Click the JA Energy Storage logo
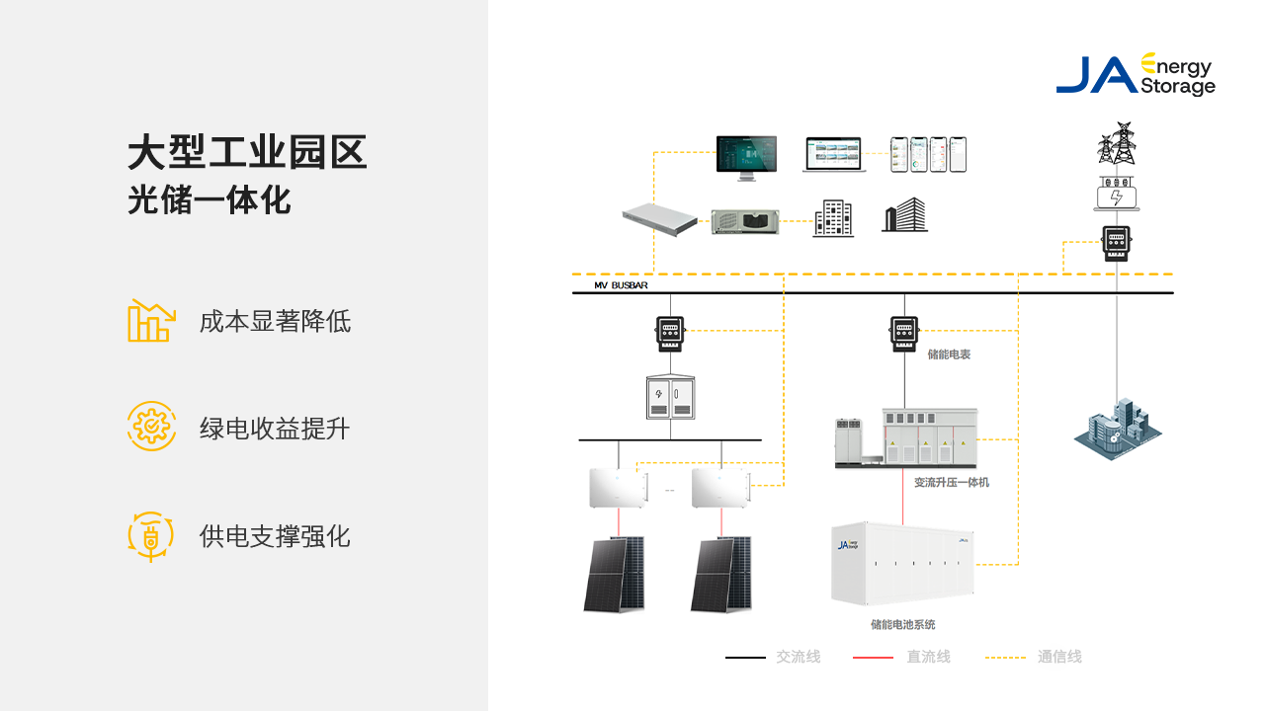coord(1136,74)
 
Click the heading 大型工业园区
coord(247,154)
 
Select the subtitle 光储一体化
coord(210,200)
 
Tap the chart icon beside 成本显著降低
coord(151,321)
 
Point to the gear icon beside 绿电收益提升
coord(151,427)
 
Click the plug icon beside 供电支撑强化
coord(151,536)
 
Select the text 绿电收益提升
coord(275,429)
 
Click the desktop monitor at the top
coord(746,157)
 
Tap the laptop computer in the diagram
coord(833,155)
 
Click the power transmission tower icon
coord(1117,143)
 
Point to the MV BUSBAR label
coord(621,285)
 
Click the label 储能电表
coord(949,354)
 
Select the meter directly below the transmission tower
coord(1117,243)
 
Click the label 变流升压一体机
coord(951,482)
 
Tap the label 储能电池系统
coord(902,624)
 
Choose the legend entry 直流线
coord(928,657)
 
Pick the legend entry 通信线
coord(1059,657)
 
